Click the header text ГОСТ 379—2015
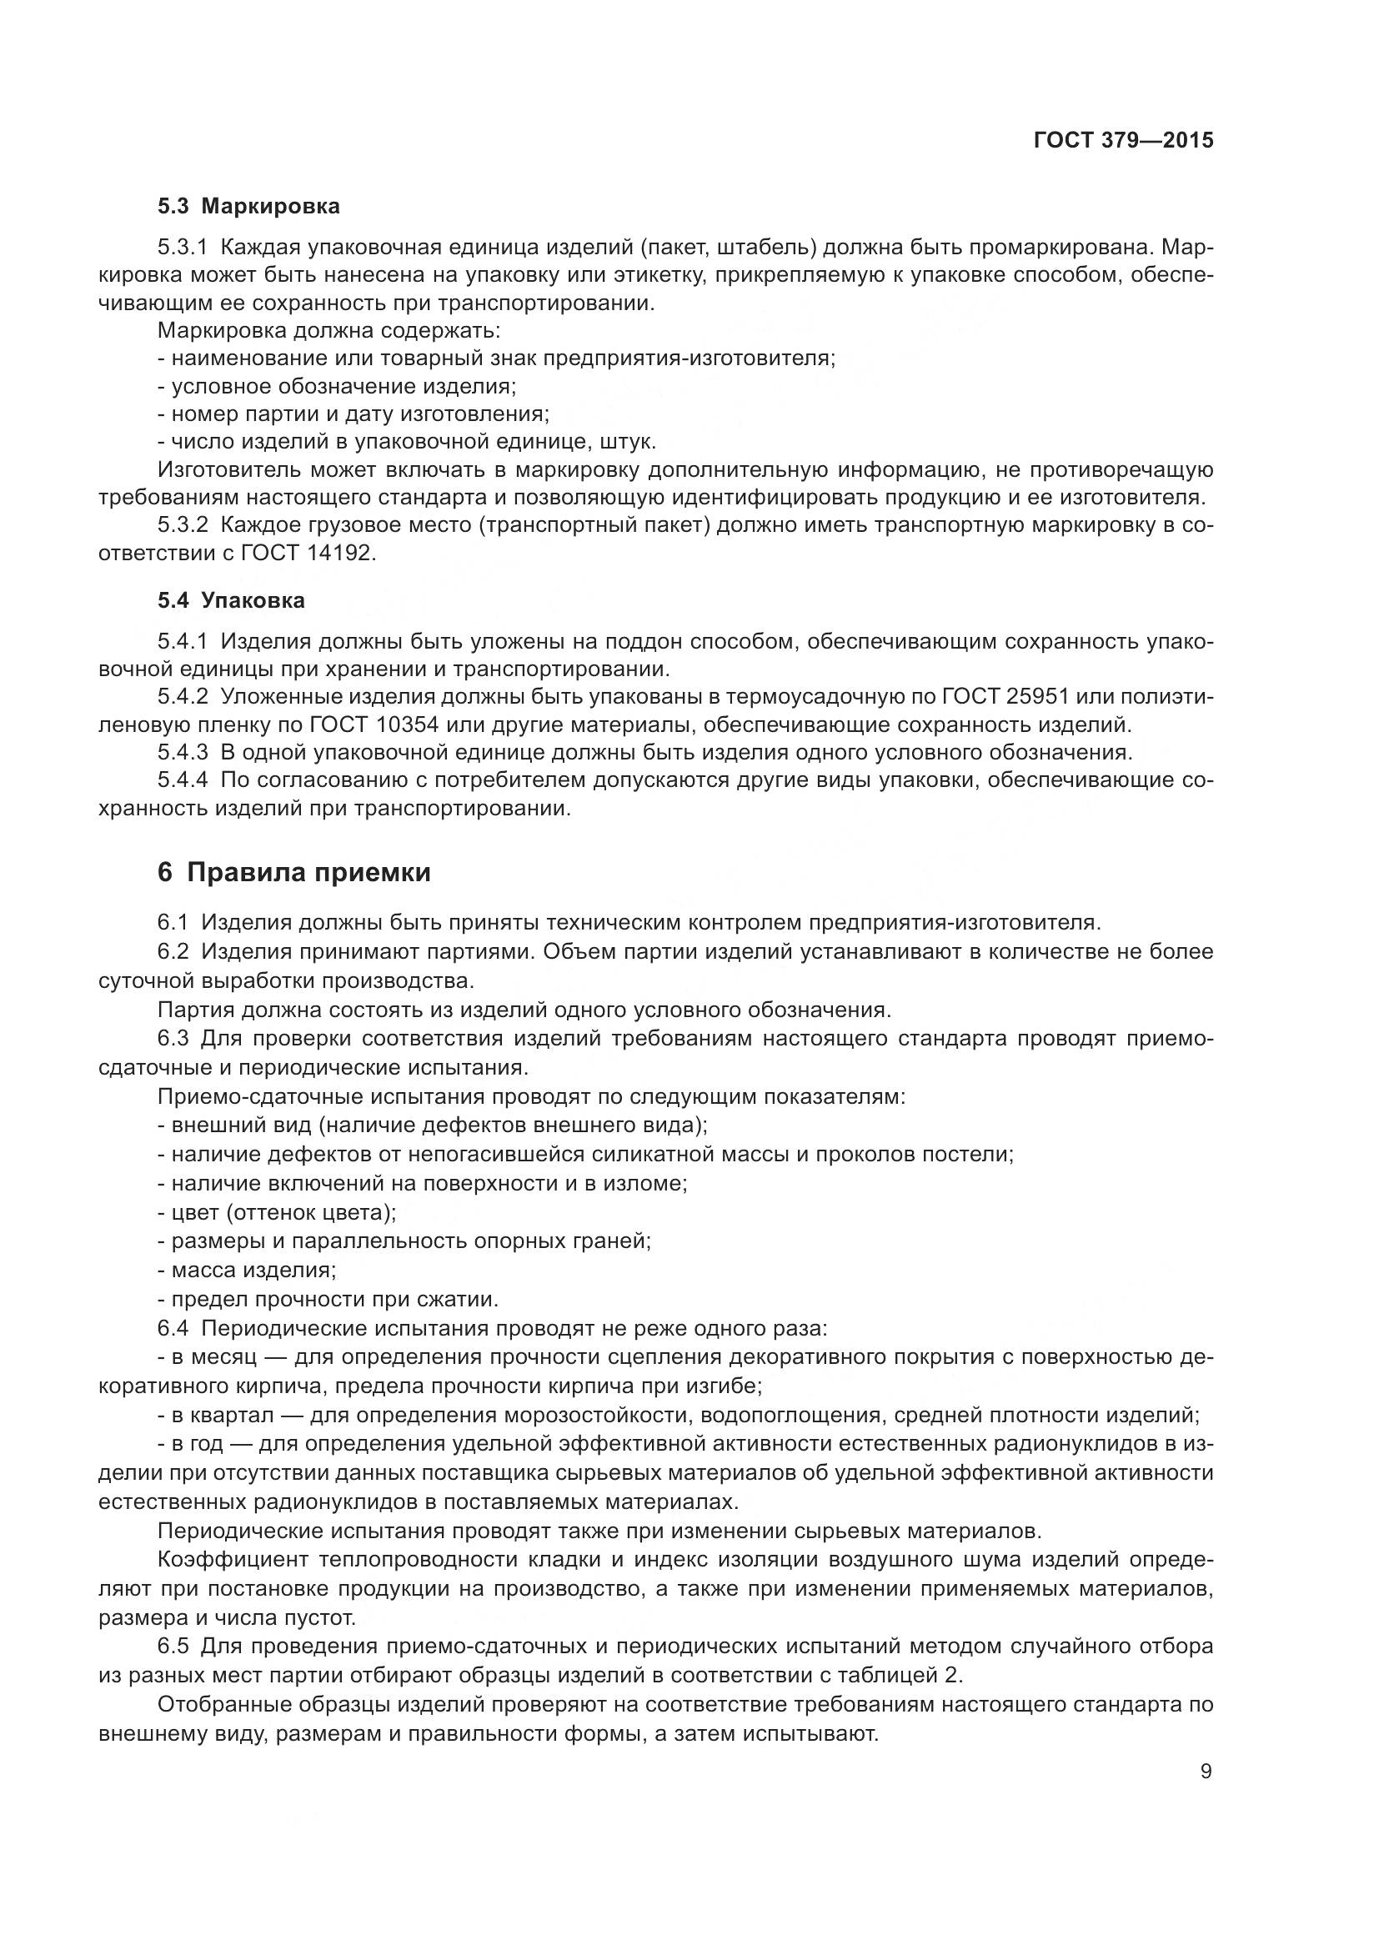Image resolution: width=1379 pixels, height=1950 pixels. coord(1122,140)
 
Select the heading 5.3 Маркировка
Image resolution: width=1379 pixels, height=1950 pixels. coord(248,207)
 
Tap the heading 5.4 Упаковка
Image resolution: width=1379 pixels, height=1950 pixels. coord(230,600)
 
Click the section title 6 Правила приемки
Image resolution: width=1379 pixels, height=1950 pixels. coord(293,872)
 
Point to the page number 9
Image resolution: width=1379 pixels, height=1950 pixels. coord(1206,1772)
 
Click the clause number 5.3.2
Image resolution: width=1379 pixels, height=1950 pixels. coord(183,525)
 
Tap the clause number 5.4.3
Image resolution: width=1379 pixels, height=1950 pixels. coord(183,753)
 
